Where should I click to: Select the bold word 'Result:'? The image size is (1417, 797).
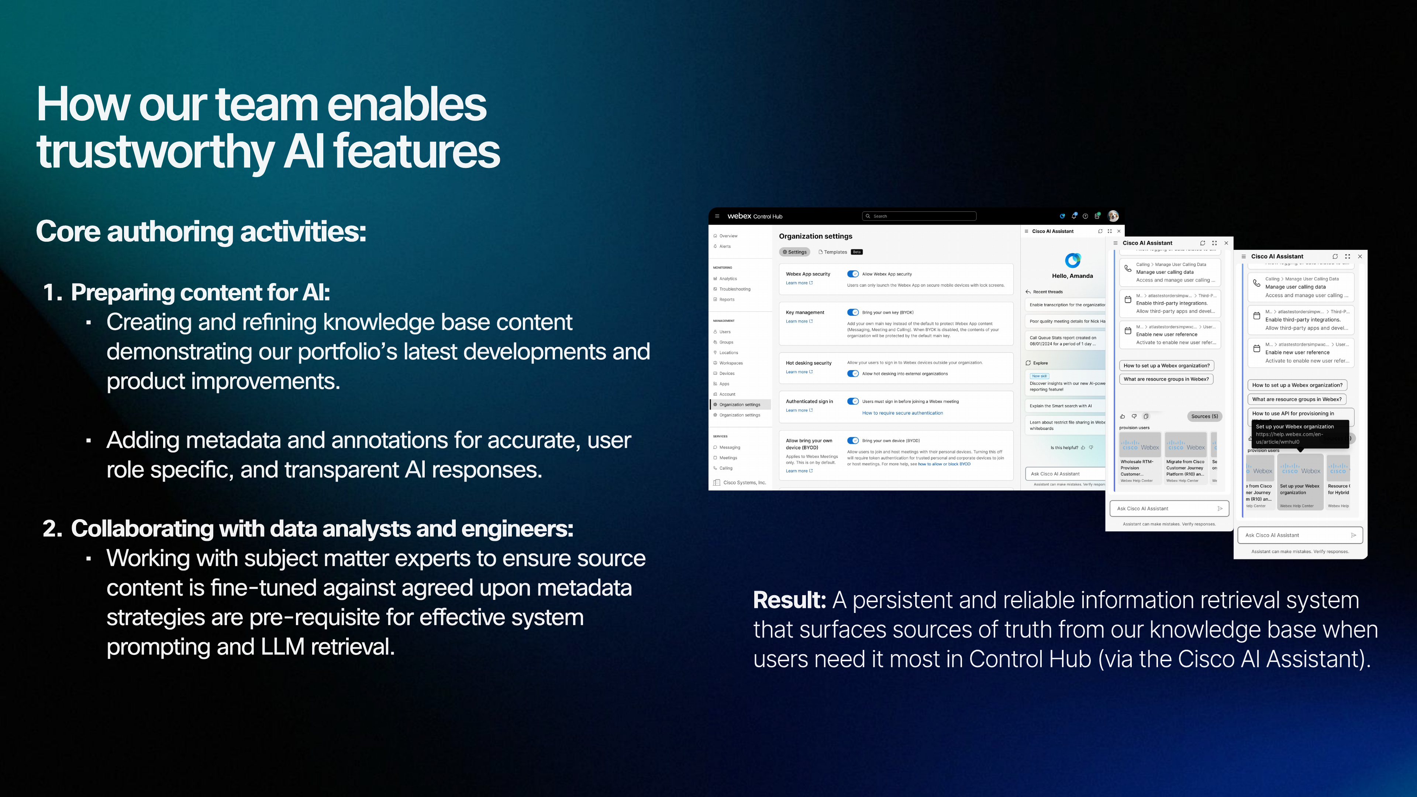point(789,600)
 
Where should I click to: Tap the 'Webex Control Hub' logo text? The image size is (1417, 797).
point(754,216)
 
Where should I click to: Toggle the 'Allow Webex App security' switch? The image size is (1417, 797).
point(853,274)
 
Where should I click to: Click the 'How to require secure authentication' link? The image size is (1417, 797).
point(902,413)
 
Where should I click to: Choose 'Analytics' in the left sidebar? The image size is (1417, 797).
point(728,279)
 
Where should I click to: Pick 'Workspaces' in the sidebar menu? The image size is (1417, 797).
point(731,363)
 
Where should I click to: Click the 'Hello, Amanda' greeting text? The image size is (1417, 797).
point(1072,276)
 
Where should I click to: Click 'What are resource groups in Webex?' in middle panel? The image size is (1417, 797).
point(1166,379)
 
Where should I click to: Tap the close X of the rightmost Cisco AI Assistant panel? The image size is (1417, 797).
point(1360,256)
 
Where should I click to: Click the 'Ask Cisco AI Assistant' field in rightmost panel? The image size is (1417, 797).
point(1293,535)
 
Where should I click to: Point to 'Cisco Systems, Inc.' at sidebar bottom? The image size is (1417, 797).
point(744,482)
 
